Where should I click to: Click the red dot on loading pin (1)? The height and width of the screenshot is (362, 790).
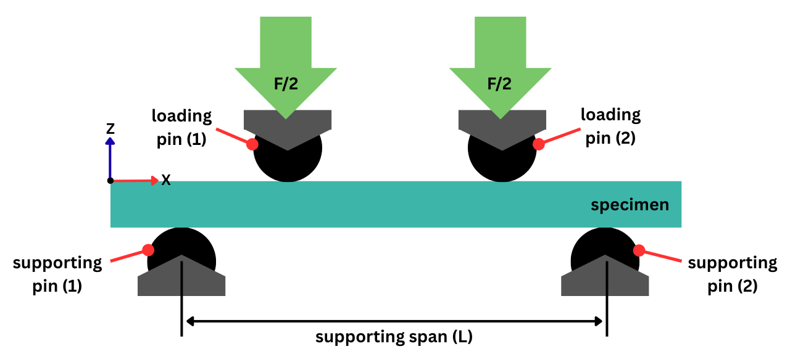tap(252, 144)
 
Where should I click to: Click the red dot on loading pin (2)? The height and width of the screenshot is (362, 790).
tap(539, 144)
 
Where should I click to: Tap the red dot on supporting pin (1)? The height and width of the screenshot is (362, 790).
tap(148, 250)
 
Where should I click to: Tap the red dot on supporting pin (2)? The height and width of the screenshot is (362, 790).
tap(639, 250)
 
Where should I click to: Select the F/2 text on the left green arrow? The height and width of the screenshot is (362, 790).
tap(286, 84)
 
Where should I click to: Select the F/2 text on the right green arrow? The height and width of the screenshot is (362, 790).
tap(500, 84)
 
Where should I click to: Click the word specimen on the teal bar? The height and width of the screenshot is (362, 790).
tap(630, 205)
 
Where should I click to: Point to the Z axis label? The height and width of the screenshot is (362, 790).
tap(110, 128)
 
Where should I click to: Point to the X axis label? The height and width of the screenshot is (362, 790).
tap(166, 180)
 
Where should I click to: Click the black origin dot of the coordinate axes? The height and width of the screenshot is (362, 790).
tap(110, 181)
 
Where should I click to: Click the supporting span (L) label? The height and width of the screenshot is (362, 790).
tap(394, 337)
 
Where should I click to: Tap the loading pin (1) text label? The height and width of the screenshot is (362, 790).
tap(182, 126)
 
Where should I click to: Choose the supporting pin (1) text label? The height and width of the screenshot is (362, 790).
tap(57, 275)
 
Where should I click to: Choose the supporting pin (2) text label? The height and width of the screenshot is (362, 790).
tap(733, 275)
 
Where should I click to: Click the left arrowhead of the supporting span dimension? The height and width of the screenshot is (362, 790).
tap(190, 321)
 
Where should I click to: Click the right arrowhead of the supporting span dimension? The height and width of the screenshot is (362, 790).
tap(598, 321)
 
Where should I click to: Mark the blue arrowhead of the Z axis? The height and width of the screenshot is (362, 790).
tap(110, 141)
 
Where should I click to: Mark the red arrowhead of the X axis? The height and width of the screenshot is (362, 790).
tap(154, 181)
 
